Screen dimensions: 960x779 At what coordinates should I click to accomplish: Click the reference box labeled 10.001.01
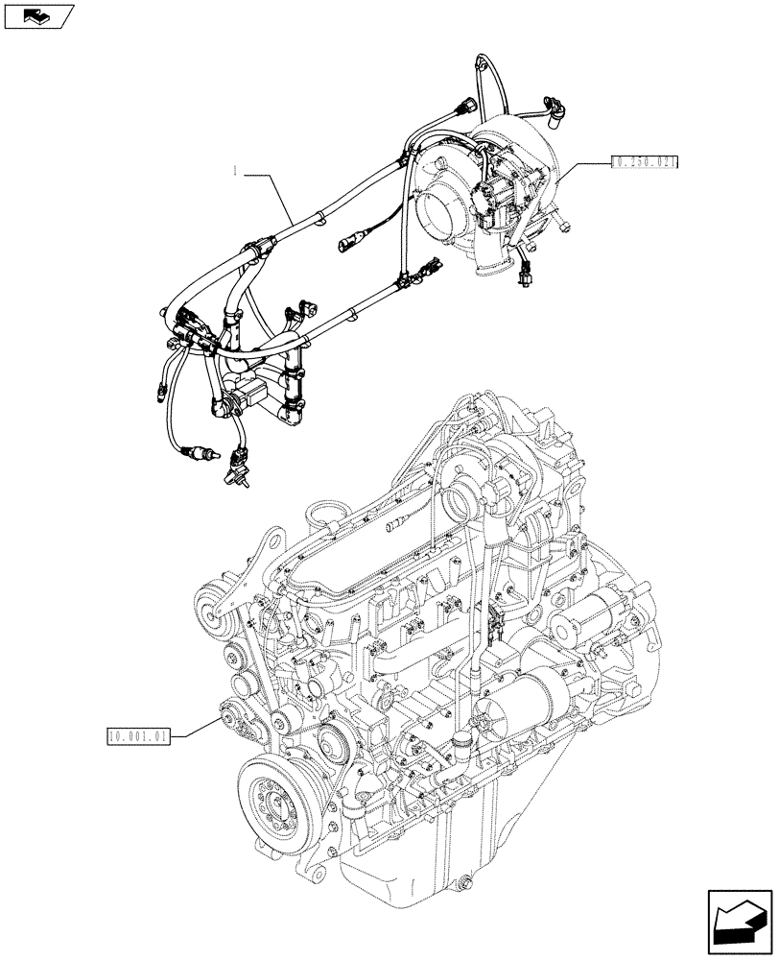point(139,736)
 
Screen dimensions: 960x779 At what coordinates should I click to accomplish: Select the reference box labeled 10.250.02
point(644,163)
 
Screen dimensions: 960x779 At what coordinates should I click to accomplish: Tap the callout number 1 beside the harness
point(233,174)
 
